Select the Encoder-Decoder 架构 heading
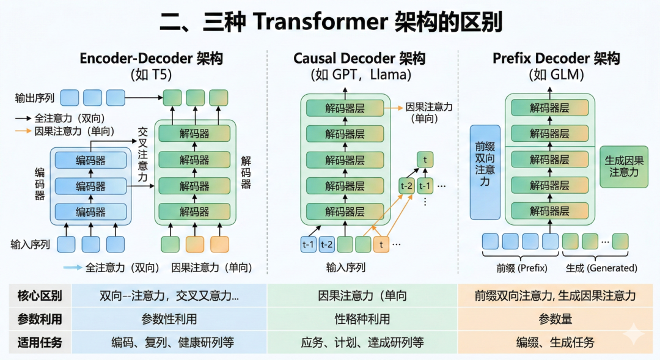pyautogui.click(x=152, y=59)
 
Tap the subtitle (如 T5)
pyautogui.click(x=152, y=75)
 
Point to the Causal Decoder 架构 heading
pyautogui.click(x=359, y=59)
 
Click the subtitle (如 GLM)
pyautogui.click(x=556, y=75)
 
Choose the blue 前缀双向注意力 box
pyautogui.click(x=485, y=172)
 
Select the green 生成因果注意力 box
pyautogui.click(x=624, y=166)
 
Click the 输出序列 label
pyautogui.click(x=35, y=98)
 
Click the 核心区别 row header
pyautogui.click(x=40, y=296)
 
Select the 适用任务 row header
pyautogui.click(x=40, y=342)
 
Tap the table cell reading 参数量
pyautogui.click(x=555, y=319)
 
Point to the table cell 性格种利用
pyautogui.click(x=362, y=319)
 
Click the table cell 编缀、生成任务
pyautogui.click(x=555, y=342)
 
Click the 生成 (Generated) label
pyautogui.click(x=601, y=268)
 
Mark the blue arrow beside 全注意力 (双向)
pyautogui.click(x=72, y=267)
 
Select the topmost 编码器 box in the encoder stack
pyautogui.click(x=90, y=161)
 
